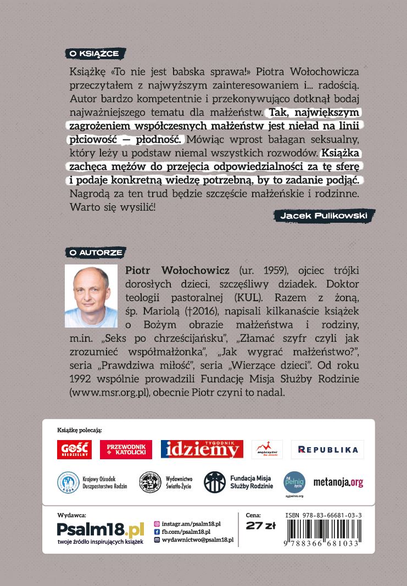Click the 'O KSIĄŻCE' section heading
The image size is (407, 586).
click(x=95, y=53)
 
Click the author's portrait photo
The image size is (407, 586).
click(x=91, y=296)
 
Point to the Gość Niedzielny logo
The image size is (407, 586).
click(x=74, y=449)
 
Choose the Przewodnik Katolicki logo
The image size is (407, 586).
click(x=126, y=449)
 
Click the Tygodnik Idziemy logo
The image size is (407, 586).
click(x=202, y=449)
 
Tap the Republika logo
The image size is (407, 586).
click(x=327, y=449)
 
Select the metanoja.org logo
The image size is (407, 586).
click(x=338, y=483)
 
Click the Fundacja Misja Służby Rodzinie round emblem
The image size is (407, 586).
click(x=215, y=482)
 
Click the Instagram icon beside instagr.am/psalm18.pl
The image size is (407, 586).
click(x=157, y=524)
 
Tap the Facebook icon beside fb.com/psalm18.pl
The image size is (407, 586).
click(x=157, y=532)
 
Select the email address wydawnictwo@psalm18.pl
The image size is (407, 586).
click(x=198, y=540)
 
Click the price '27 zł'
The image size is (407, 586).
click(x=260, y=526)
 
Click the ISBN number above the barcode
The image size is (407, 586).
click(x=324, y=516)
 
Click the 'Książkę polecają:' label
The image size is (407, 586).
click(x=80, y=430)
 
